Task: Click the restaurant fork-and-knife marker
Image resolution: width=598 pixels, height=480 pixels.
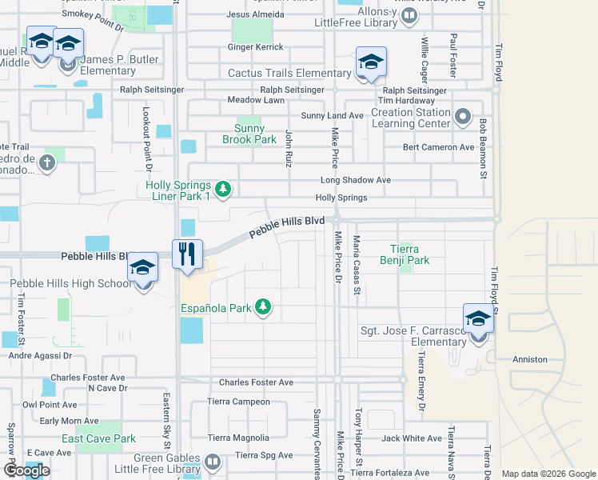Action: point(188,255)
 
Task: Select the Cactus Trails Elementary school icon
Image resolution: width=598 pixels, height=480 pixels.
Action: point(371,62)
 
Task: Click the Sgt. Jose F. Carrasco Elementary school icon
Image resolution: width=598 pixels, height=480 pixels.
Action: point(478,319)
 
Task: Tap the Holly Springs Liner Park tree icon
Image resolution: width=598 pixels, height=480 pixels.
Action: point(224,190)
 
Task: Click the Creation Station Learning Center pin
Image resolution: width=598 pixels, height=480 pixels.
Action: point(462,118)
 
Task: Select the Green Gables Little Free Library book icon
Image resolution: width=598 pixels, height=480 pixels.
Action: point(213,462)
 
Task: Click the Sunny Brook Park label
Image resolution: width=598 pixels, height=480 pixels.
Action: point(255,134)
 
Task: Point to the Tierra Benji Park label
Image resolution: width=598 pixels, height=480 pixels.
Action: point(409,254)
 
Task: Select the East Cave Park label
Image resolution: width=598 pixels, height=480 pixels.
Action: point(99,438)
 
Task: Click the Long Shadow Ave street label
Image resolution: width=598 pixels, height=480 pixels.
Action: point(356,180)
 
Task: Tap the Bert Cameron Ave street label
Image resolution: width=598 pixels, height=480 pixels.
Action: point(439,147)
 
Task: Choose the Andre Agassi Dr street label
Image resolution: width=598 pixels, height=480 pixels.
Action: point(40,356)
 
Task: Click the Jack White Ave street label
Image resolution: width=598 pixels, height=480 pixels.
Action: point(412,438)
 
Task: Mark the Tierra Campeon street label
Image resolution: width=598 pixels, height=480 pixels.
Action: point(238,402)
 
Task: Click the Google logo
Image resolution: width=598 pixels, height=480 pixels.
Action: point(27,471)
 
